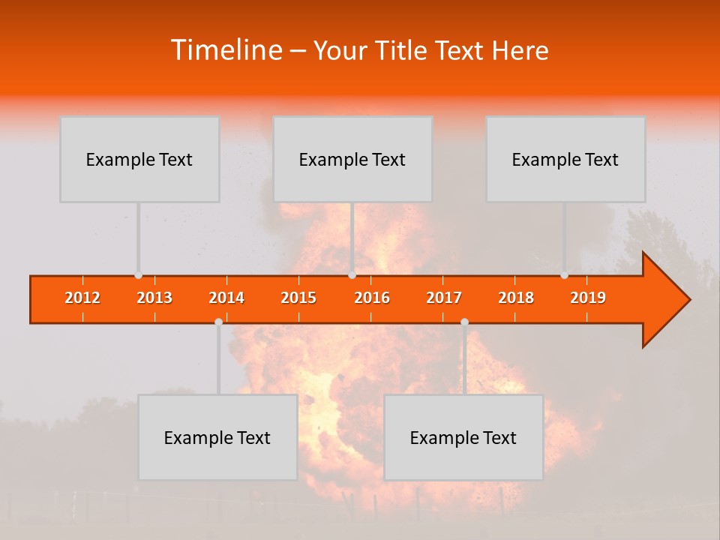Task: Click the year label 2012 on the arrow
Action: [82, 298]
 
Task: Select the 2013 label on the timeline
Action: [154, 298]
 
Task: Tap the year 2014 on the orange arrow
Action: [226, 298]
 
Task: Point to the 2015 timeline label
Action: [298, 298]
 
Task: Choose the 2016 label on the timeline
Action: [372, 298]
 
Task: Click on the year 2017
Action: [444, 298]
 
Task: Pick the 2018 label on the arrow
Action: [516, 298]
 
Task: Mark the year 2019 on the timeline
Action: [588, 298]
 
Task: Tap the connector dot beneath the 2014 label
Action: [218, 322]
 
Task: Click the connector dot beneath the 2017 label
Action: [464, 322]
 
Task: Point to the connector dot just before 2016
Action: [352, 275]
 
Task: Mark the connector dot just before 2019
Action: [564, 275]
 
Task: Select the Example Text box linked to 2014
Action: [217, 437]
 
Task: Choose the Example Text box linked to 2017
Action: [463, 437]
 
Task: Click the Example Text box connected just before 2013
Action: [139, 159]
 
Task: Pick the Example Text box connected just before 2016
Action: [352, 159]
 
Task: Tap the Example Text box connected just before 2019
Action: [565, 159]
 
